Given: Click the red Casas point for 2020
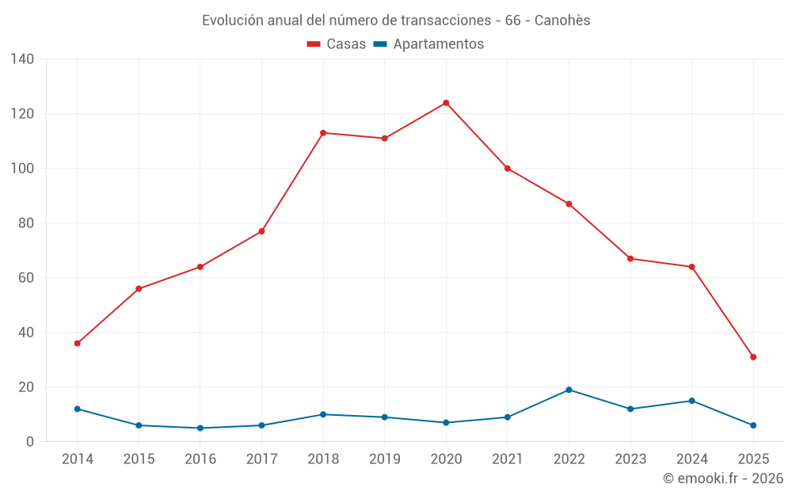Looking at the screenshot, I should click(x=446, y=103).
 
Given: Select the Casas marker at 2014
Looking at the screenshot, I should click(x=77, y=344).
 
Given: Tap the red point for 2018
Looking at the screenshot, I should click(x=323, y=133).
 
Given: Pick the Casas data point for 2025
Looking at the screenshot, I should click(x=753, y=357).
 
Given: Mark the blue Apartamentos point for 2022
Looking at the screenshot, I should click(x=569, y=390).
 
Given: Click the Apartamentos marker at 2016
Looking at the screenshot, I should click(x=200, y=428).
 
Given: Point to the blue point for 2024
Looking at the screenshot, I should click(x=691, y=401).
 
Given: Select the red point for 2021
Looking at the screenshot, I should click(x=508, y=169).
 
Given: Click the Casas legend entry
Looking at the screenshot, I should click(x=337, y=44).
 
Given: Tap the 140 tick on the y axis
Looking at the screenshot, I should click(x=23, y=59).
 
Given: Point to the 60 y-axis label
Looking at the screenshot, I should click(x=26, y=278).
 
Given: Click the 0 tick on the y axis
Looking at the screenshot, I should click(x=30, y=442).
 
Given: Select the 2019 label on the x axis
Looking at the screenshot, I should click(x=384, y=459).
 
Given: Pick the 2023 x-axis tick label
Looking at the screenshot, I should click(x=630, y=459).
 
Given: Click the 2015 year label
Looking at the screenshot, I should click(x=139, y=459).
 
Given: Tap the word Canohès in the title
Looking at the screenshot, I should click(x=562, y=21).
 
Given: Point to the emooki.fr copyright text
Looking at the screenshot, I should click(x=723, y=478).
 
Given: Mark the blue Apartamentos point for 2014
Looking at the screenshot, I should click(x=77, y=409).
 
